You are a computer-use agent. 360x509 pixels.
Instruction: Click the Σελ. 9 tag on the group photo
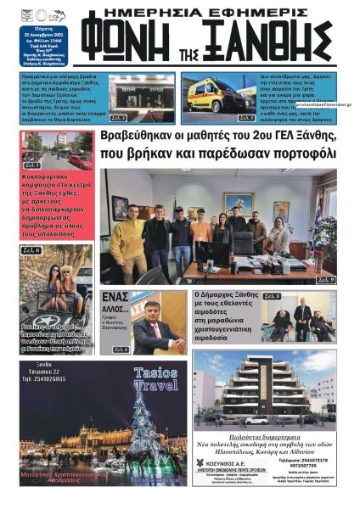(x=326, y=279)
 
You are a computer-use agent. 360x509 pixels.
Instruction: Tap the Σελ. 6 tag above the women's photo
(x=32, y=251)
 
